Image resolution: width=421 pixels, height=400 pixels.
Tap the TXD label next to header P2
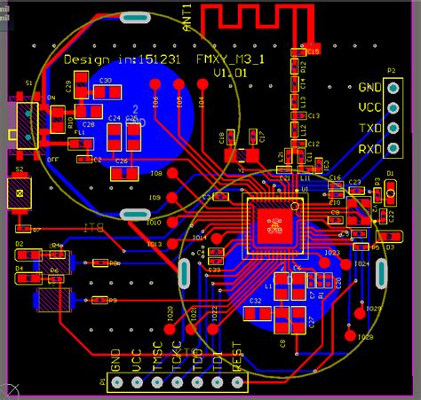(x=369, y=129)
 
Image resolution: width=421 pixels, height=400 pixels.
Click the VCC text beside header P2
(x=369, y=107)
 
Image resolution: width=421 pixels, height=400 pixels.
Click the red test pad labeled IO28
(x=359, y=310)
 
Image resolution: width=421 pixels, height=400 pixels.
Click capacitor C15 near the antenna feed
(x=312, y=51)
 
